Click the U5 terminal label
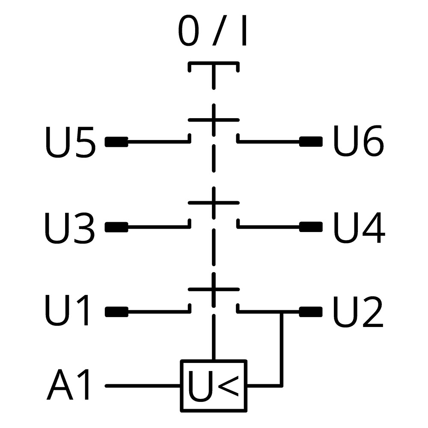(x=71, y=142)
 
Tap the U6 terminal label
(x=358, y=141)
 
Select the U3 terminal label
(x=70, y=228)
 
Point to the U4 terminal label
(x=359, y=227)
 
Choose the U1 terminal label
(x=67, y=310)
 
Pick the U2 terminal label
(x=358, y=312)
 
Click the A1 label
(x=68, y=384)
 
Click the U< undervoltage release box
(x=214, y=386)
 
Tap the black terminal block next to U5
(x=116, y=142)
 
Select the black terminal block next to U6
(x=311, y=142)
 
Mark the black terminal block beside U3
(x=116, y=227)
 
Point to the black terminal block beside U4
(x=311, y=227)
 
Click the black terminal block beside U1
(x=116, y=312)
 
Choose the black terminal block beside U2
(x=311, y=312)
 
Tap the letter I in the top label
(x=244, y=30)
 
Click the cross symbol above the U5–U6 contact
(x=214, y=120)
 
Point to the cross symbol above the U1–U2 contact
(x=214, y=289)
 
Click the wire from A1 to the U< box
(x=143, y=386)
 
